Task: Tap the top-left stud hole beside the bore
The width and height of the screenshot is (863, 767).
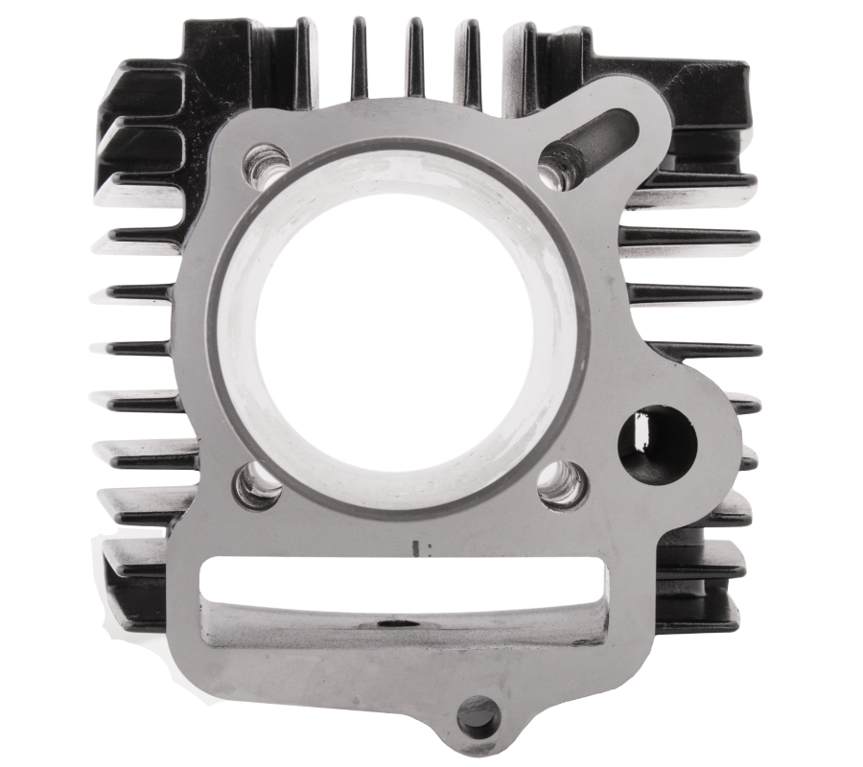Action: click(265, 164)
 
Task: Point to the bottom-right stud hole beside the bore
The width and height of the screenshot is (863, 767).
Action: click(561, 484)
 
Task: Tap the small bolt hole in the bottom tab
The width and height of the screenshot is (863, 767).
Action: click(477, 715)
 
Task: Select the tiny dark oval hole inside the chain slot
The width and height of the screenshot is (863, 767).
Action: click(393, 623)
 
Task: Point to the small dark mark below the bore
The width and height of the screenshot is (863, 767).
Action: click(416, 549)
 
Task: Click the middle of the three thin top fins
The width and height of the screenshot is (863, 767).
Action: click(415, 58)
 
